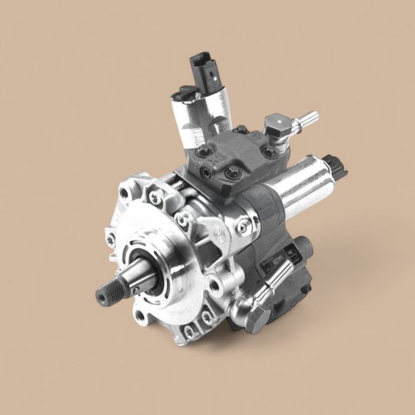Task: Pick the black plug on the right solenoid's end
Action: click(x=339, y=166)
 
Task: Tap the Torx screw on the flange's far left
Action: click(x=111, y=240)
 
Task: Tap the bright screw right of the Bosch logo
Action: click(x=242, y=225)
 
